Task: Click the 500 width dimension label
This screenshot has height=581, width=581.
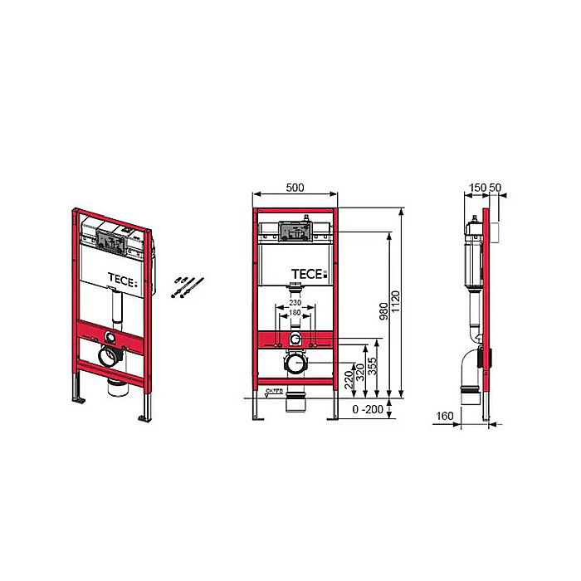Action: point(295,188)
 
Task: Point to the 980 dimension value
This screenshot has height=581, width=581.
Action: point(383,311)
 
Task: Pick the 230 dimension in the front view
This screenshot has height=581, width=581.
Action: point(295,304)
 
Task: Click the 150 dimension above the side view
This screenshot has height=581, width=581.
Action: point(476,188)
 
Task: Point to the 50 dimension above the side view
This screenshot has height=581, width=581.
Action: point(495,188)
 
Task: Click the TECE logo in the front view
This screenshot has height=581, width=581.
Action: point(309,273)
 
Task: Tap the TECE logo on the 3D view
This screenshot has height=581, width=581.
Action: point(123,279)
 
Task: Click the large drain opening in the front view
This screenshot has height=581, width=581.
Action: point(295,364)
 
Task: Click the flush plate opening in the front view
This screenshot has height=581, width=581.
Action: point(294,232)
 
